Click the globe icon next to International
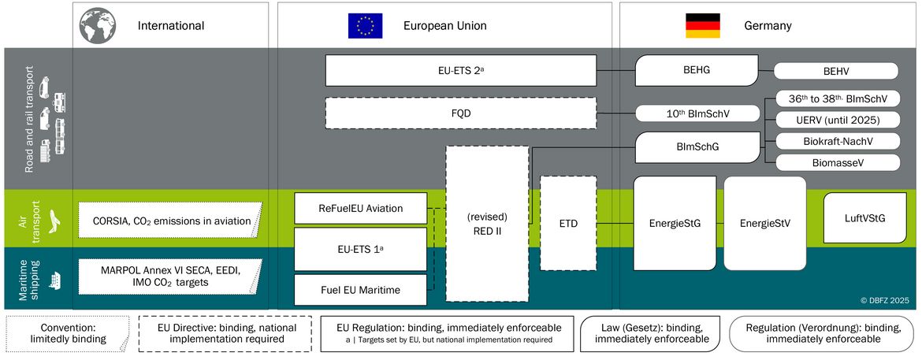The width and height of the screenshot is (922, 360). pyautogui.click(x=98, y=24)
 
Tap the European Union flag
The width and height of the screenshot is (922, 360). pyautogui.click(x=365, y=26)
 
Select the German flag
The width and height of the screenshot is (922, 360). pyautogui.click(x=703, y=25)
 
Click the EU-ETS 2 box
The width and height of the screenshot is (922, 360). pyautogui.click(x=461, y=71)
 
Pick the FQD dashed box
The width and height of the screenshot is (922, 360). pyautogui.click(x=461, y=113)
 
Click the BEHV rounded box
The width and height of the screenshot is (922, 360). pyautogui.click(x=836, y=71)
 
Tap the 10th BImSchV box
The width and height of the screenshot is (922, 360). pyautogui.click(x=698, y=113)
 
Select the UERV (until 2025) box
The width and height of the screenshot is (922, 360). pyautogui.click(x=838, y=120)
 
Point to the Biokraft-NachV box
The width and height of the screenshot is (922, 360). pyautogui.click(x=838, y=141)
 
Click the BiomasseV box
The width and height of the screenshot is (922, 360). pyautogui.click(x=838, y=162)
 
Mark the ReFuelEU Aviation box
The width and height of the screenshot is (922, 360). pyautogui.click(x=360, y=209)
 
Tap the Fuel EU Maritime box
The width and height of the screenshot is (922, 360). pyautogui.click(x=360, y=289)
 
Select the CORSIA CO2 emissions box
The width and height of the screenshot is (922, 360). pyautogui.click(x=172, y=220)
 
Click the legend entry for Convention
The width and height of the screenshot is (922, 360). pyautogui.click(x=69, y=333)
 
